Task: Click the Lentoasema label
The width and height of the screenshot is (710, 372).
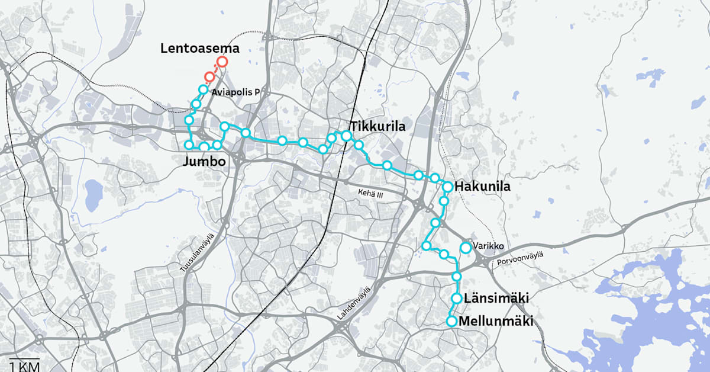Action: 199,49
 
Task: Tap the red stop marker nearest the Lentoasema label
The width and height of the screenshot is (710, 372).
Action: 222,62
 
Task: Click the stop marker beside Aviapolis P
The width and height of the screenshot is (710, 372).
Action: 203,89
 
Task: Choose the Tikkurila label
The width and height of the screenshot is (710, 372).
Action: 377,127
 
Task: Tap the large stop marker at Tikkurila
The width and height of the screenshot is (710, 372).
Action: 347,136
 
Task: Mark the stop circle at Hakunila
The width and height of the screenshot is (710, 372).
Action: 448,187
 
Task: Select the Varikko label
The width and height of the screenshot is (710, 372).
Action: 488,245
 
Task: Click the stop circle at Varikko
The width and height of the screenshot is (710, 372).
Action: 466,248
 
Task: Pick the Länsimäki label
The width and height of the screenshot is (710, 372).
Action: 496,298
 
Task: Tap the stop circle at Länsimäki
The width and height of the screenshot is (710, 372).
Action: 457,298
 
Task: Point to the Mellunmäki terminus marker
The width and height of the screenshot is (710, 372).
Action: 451,322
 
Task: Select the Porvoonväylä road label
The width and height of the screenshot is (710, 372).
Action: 521,259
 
